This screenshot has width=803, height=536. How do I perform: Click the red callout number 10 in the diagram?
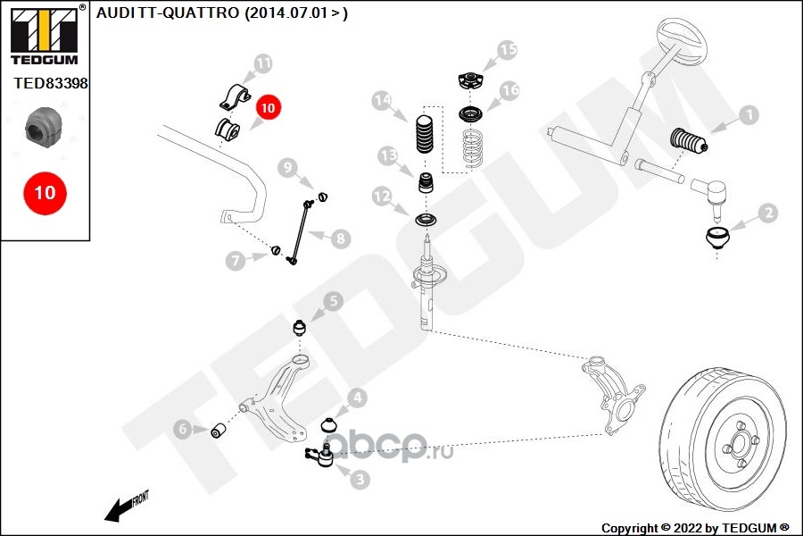coord(269,107)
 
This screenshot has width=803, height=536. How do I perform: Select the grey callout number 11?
coord(262,63)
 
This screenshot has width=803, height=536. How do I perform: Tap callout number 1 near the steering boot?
coord(748,114)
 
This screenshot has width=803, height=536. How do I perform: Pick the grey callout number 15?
coord(507,50)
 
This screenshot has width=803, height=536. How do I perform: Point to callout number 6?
coord(183,431)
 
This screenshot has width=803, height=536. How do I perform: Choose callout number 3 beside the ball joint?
coord(360,479)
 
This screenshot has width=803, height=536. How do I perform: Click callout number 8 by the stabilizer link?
coord(342,239)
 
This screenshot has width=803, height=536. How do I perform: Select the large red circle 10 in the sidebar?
coord(45,192)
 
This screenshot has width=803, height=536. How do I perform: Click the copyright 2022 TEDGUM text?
coord(695,527)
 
